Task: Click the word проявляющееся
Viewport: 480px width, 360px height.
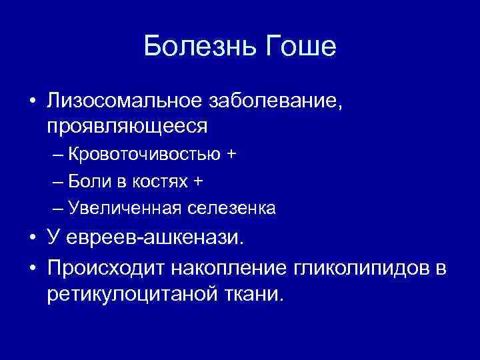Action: pos(127,125)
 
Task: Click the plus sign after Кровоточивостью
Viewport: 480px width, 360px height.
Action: pos(231,155)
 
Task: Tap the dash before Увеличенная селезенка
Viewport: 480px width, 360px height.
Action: pos(57,209)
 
